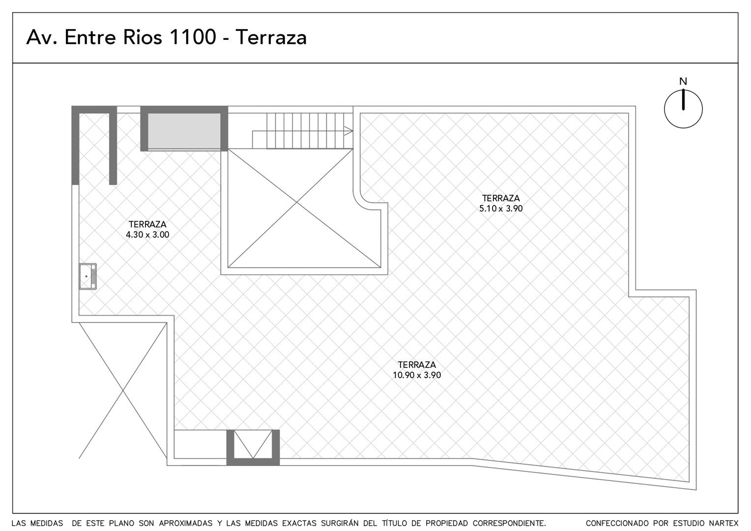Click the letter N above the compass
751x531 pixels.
[x=683, y=82]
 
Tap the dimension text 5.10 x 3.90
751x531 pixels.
[x=501, y=208]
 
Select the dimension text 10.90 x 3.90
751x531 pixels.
[x=417, y=375]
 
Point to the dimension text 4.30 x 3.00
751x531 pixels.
[x=147, y=235]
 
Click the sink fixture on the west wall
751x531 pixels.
[x=88, y=276]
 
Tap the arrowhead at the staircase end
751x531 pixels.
[x=348, y=131]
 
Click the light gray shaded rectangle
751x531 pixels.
[x=184, y=130]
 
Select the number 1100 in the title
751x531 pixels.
[x=193, y=37]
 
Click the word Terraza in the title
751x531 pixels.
[x=271, y=37]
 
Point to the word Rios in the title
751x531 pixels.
[x=143, y=37]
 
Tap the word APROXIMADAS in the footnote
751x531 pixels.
[x=186, y=523]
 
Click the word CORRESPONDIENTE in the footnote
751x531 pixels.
[x=509, y=523]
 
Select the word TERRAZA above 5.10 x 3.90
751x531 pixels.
[x=501, y=198]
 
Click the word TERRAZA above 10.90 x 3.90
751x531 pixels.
[x=417, y=365]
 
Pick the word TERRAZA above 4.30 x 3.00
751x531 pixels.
[x=147, y=224]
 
